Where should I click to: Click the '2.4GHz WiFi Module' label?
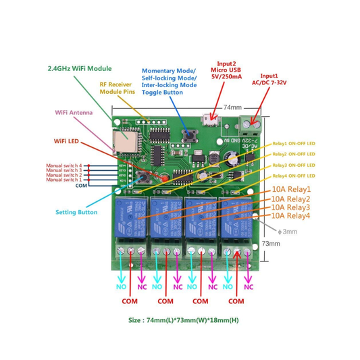79,69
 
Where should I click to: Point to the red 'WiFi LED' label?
70,141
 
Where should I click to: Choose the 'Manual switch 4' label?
63,165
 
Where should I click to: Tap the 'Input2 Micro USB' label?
226,70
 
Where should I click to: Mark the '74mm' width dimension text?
232,107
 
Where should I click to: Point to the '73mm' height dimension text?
270,243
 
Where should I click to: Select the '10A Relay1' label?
290,189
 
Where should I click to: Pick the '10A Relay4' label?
290,215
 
